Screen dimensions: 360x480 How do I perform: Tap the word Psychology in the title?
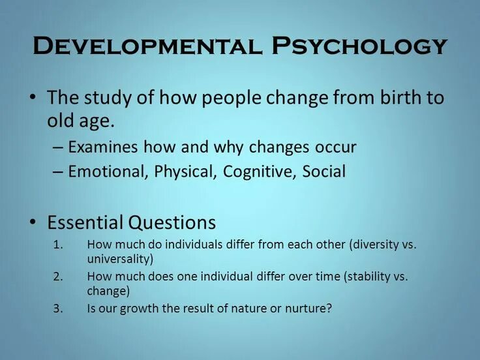[359, 46]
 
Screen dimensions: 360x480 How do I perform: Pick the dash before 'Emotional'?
[58, 172]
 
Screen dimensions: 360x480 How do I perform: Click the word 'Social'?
[324, 172]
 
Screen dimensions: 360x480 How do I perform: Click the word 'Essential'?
[85, 222]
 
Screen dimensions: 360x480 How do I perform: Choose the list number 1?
[57, 245]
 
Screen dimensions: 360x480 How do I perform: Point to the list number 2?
[57, 277]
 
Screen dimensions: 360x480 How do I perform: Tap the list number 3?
[57, 308]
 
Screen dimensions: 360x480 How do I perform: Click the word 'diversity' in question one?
[375, 245]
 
